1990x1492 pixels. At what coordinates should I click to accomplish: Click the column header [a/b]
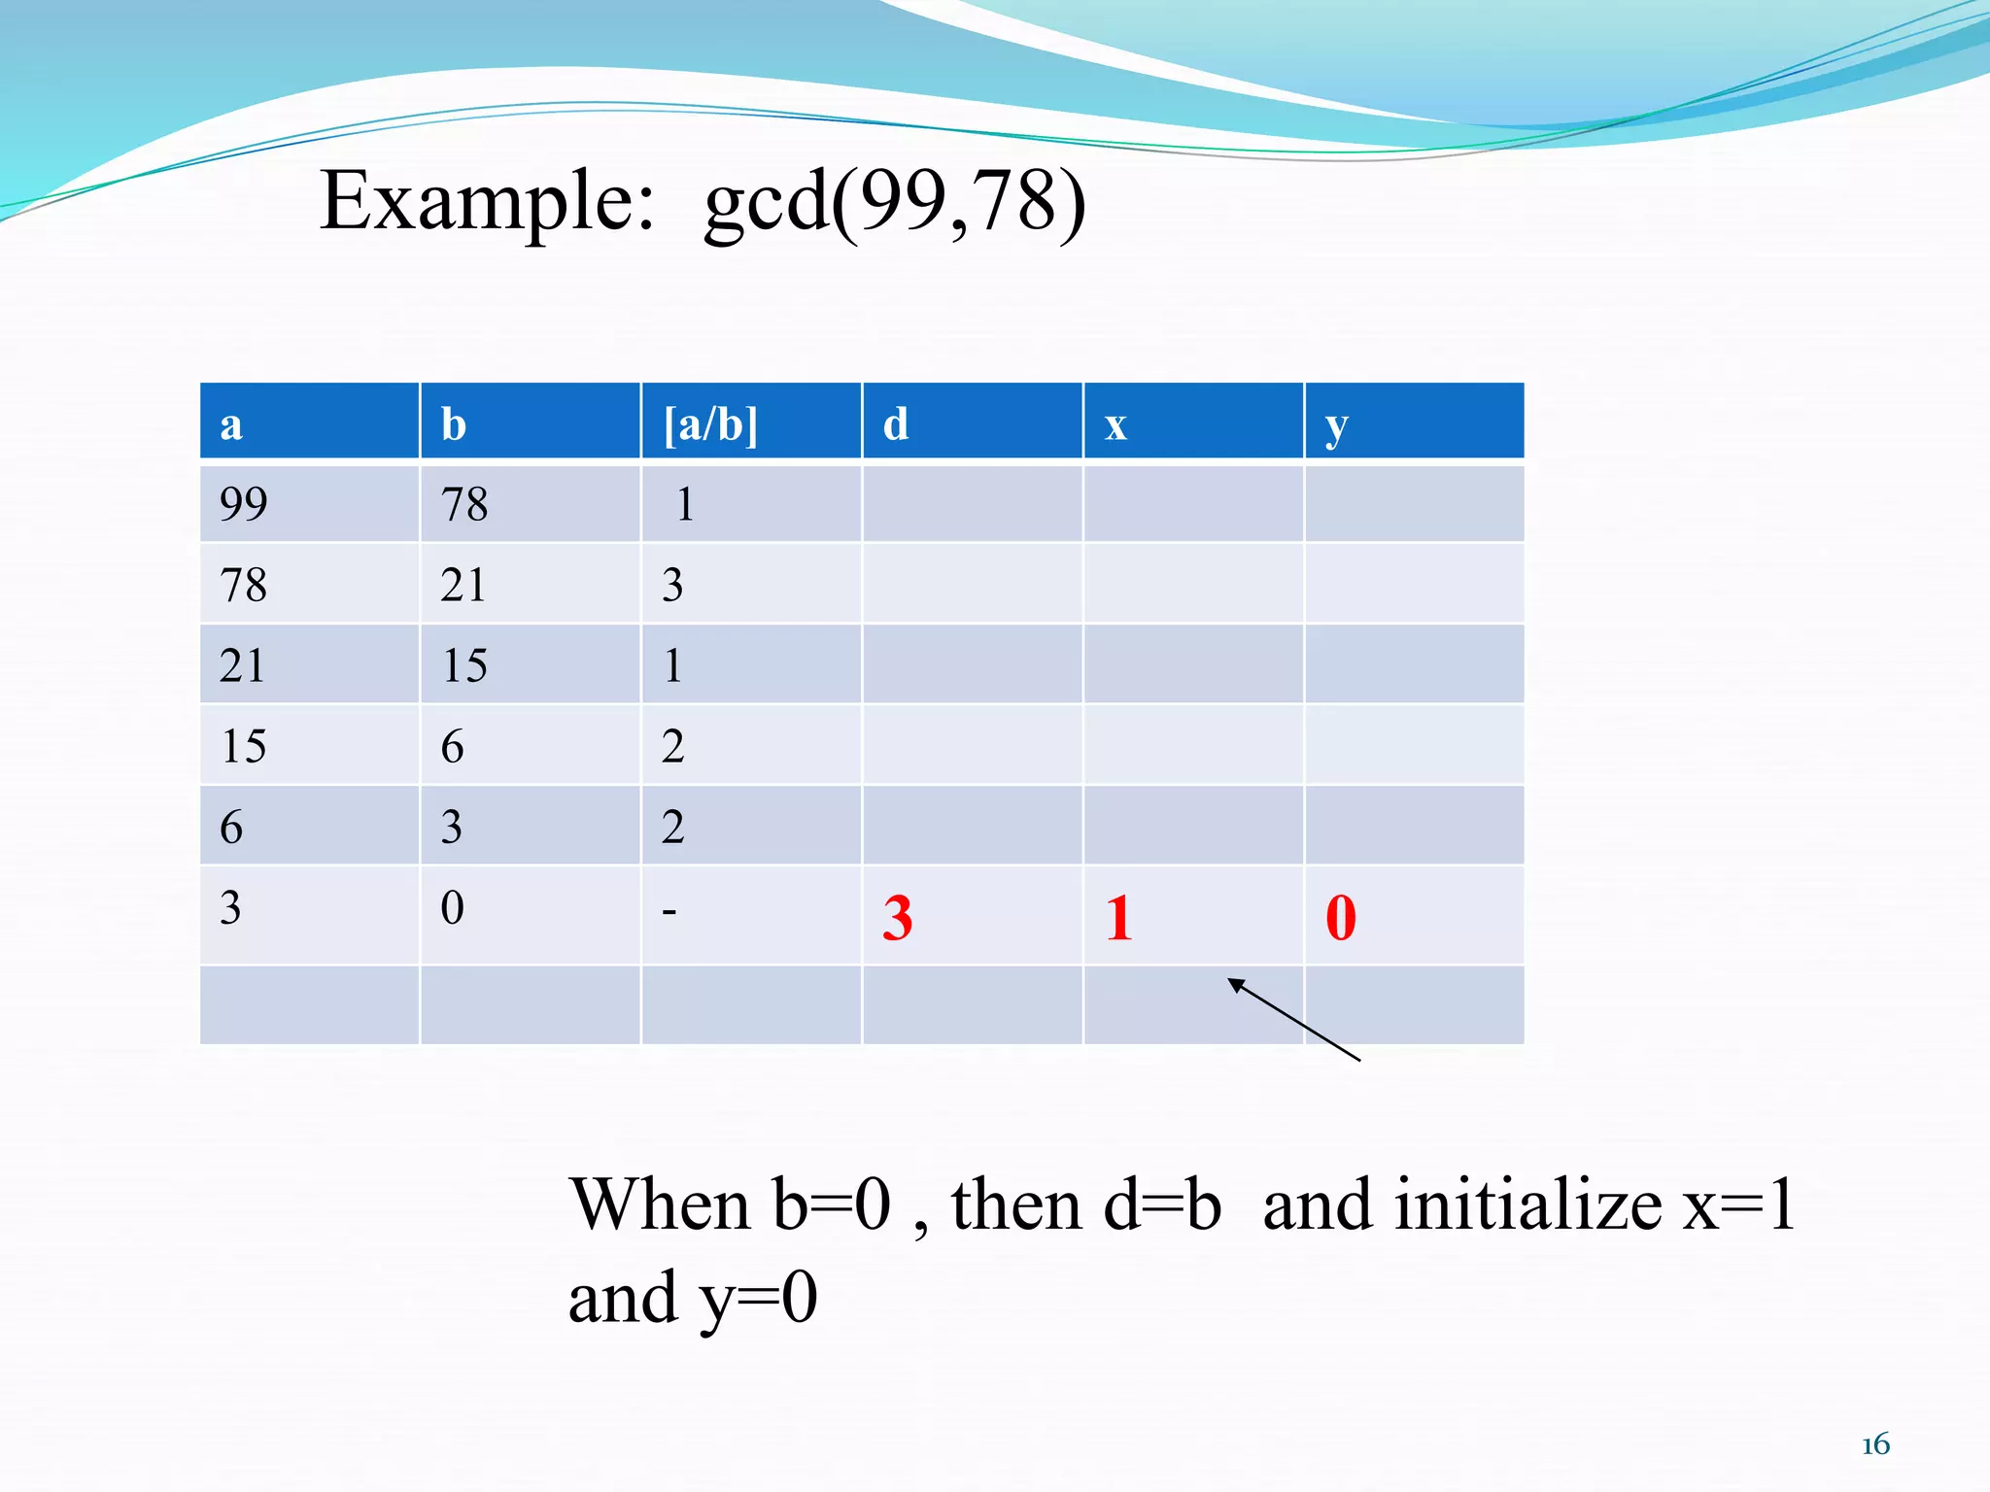[710, 424]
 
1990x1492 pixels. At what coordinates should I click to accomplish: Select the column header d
[896, 424]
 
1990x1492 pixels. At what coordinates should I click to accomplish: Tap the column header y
[1337, 426]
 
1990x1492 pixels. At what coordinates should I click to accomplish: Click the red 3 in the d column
[898, 917]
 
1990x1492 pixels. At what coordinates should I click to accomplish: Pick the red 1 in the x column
[1118, 917]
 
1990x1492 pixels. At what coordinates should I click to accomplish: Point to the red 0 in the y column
[1341, 917]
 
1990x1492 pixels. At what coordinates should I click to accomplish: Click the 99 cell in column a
[244, 503]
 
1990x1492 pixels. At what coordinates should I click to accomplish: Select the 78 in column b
[464, 504]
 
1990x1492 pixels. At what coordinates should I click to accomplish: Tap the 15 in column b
[464, 665]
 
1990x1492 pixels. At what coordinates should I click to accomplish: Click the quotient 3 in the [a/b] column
[672, 585]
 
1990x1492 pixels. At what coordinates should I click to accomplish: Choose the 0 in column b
[452, 907]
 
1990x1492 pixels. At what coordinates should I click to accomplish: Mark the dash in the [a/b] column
[669, 911]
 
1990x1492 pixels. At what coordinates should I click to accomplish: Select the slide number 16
[1875, 1444]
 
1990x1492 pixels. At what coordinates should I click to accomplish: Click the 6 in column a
[231, 827]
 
